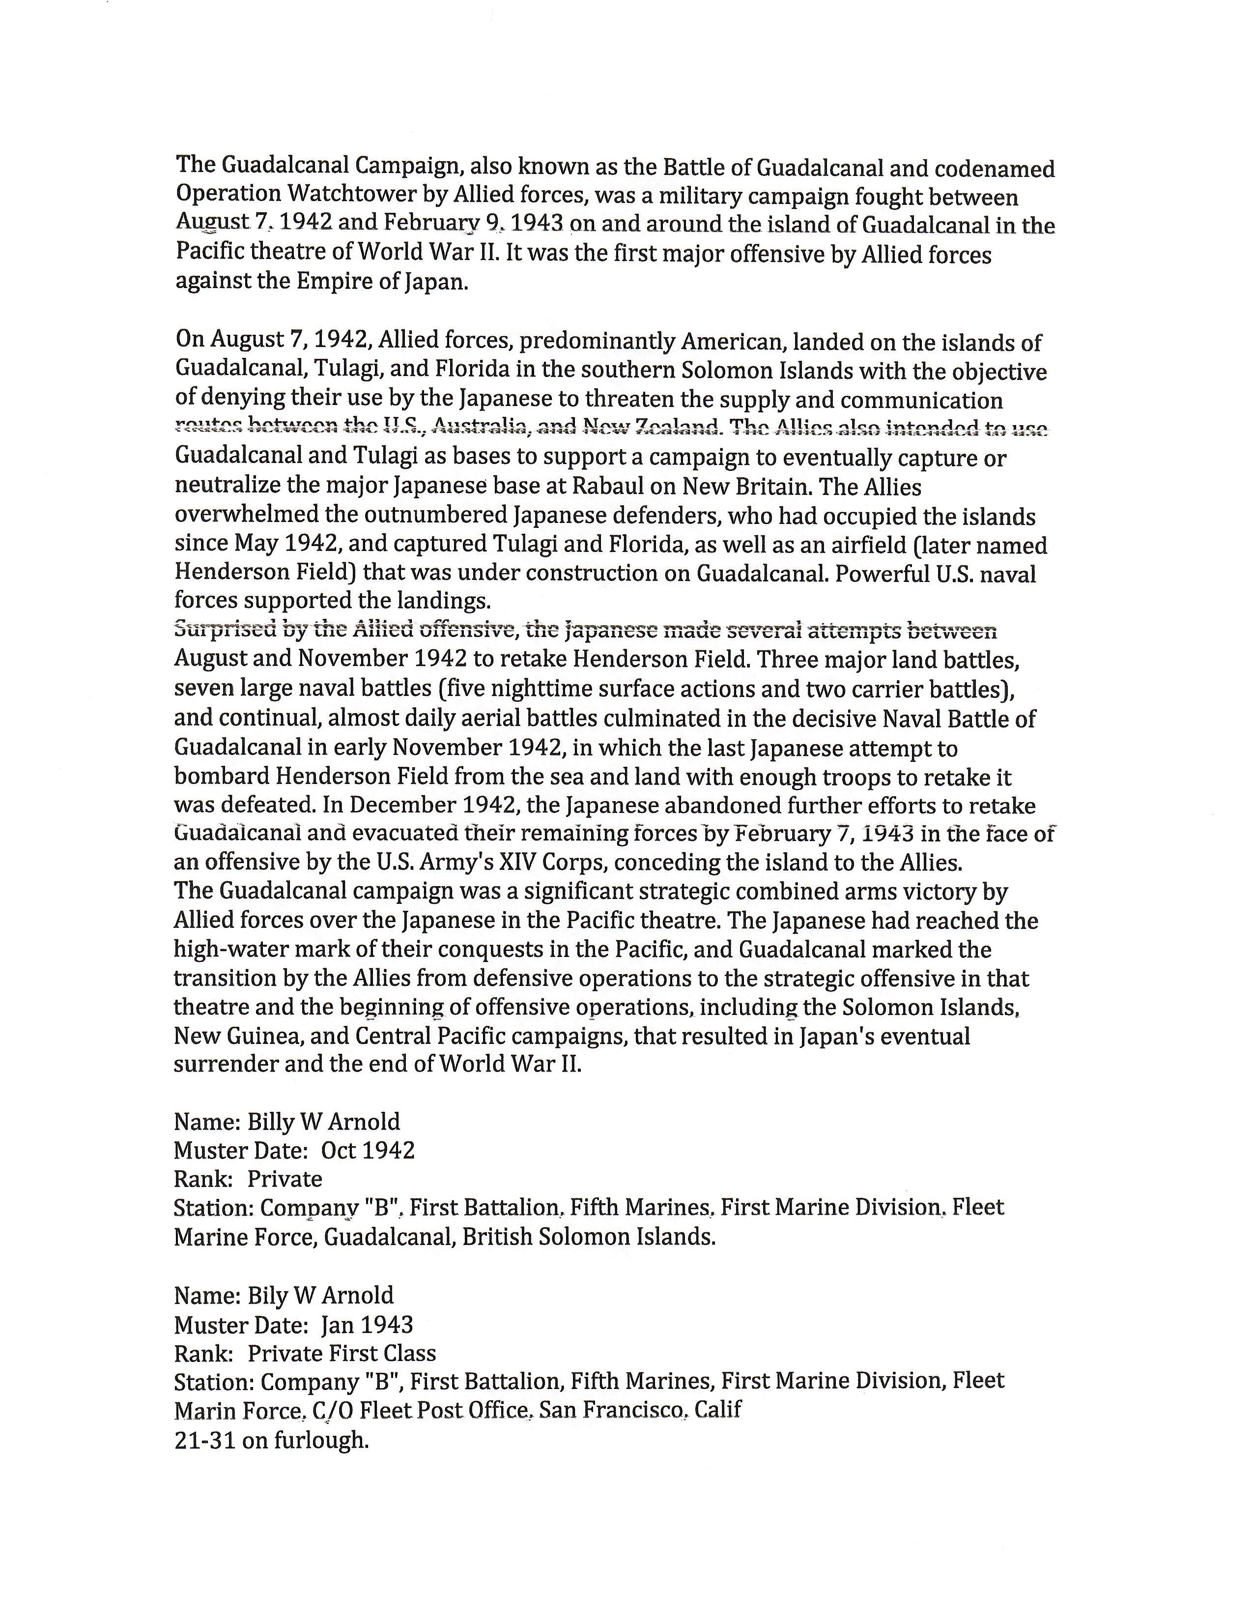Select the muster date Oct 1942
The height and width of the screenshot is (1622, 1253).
tap(368, 1151)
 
